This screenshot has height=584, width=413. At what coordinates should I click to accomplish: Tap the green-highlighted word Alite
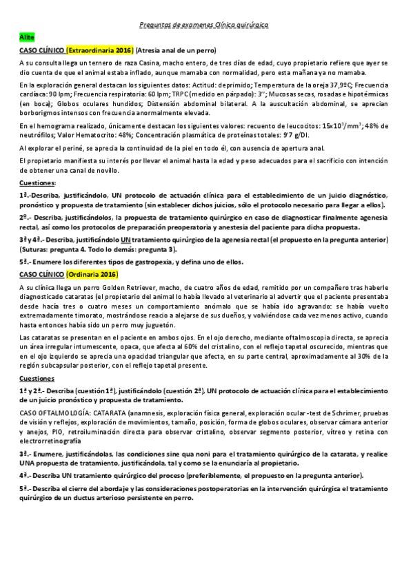coord(27,36)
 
